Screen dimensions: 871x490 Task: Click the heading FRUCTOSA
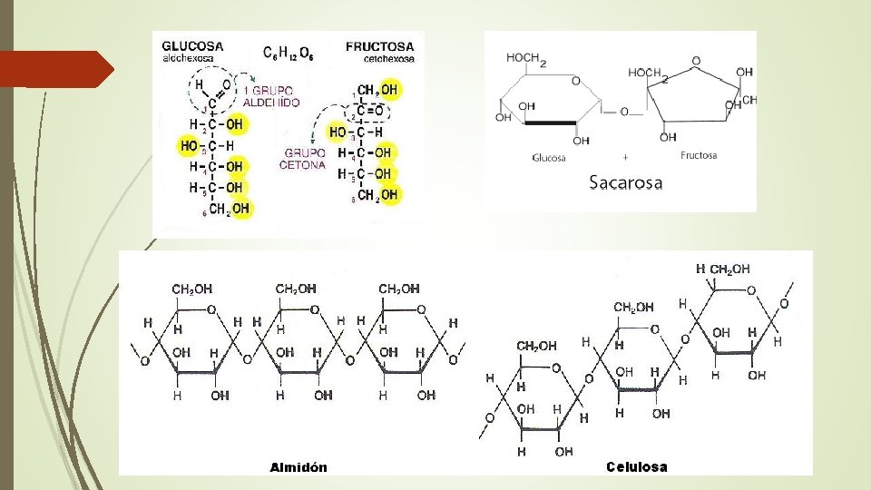tap(379, 46)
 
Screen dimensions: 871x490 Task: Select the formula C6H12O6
tap(289, 54)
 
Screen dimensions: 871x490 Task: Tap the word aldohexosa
tap(188, 58)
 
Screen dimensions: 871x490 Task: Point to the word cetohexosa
tap(388, 58)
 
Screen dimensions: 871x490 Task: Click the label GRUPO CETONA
tap(304, 160)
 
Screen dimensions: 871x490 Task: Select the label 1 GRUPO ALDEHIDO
tap(271, 97)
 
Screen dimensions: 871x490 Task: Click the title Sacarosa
tap(625, 182)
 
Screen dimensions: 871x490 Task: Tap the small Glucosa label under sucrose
tap(549, 156)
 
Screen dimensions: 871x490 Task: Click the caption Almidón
tap(298, 467)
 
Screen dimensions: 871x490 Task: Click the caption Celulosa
tap(636, 467)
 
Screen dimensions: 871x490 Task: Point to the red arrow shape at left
tap(56, 69)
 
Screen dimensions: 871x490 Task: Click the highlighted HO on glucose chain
tap(190, 145)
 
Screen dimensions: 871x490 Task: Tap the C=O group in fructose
tap(368, 111)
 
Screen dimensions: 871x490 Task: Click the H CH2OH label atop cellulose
tap(722, 269)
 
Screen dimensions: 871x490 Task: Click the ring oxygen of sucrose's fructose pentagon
tap(695, 62)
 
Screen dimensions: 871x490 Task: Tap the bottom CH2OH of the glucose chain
tap(229, 210)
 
